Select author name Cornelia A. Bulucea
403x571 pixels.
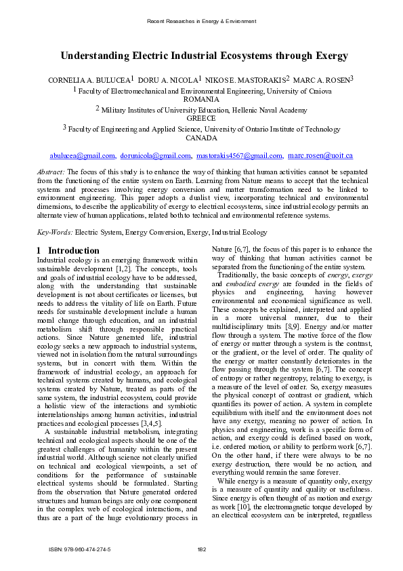tap(89, 81)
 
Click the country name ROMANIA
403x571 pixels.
tap(201, 99)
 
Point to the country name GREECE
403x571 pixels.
tap(201, 118)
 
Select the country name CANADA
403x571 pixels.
tap(201, 138)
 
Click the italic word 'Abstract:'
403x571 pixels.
tap(51, 174)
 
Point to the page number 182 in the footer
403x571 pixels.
tap(201, 549)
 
